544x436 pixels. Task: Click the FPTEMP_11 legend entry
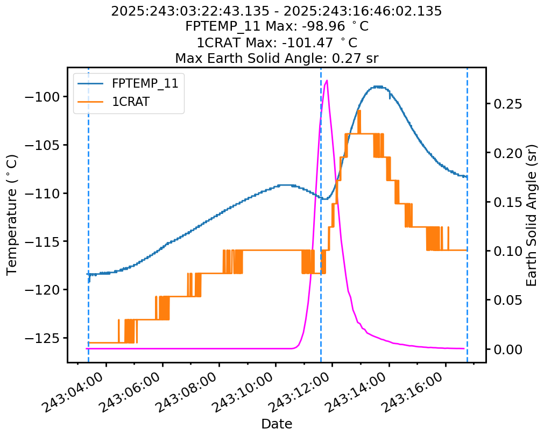coord(145,83)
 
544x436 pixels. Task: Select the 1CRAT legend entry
coord(130,102)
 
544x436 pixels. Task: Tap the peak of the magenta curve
coord(327,80)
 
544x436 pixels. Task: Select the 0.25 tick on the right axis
coord(508,104)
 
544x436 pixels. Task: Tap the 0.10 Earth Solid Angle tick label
coord(508,251)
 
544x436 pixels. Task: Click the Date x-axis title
coord(277,424)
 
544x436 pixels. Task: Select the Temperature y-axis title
coord(12,215)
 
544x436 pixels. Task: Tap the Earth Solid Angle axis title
coord(532,215)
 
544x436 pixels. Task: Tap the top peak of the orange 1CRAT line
coord(359,111)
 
